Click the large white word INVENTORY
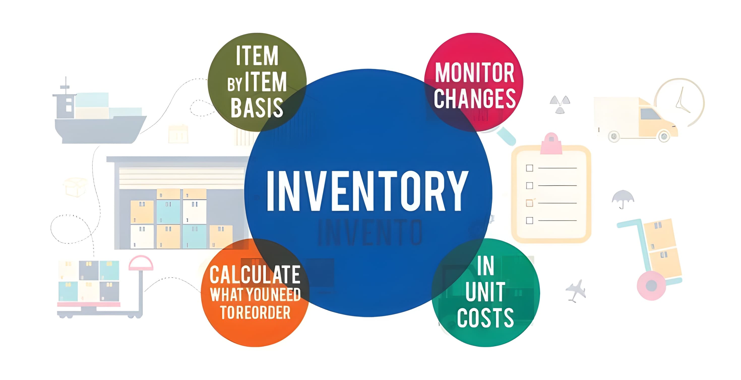click(x=368, y=191)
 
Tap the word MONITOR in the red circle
click(x=475, y=73)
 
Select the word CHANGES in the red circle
click(x=475, y=98)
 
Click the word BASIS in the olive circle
click(x=257, y=107)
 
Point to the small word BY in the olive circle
click(x=234, y=85)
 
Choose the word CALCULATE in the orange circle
click(x=255, y=274)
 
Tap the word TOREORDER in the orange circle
click(x=255, y=312)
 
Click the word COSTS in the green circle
click(x=485, y=318)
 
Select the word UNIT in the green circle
click(x=485, y=292)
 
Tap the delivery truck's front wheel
click(x=664, y=136)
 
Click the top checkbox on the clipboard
click(x=529, y=168)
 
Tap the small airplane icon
click(x=576, y=291)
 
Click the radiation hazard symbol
click(x=560, y=104)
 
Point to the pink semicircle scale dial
click(x=141, y=263)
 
